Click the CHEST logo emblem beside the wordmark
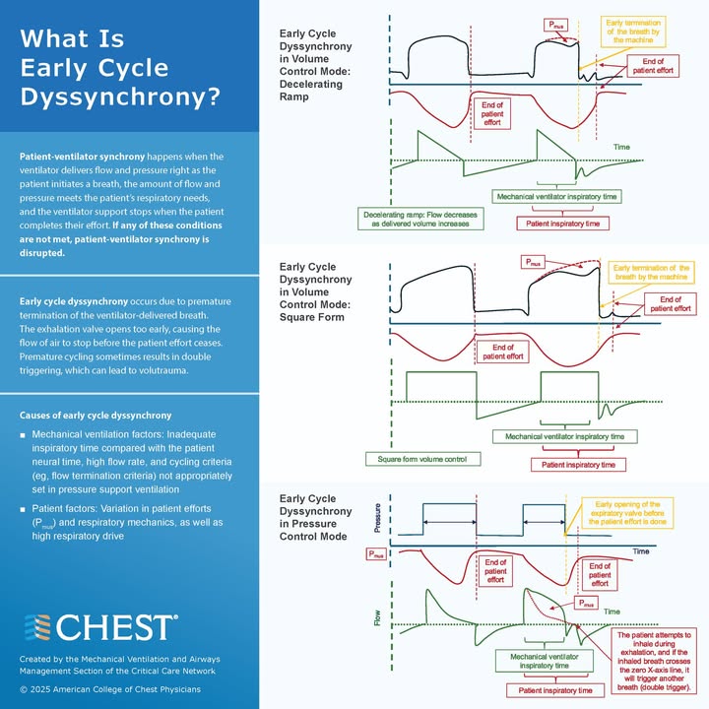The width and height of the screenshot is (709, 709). (37, 627)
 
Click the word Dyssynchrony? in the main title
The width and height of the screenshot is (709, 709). (120, 97)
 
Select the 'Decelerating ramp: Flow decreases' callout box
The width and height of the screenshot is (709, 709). (420, 219)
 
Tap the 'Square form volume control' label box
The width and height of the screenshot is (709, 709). (422, 459)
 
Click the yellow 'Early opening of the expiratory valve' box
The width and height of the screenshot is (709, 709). (627, 513)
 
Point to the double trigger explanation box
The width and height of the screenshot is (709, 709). (654, 661)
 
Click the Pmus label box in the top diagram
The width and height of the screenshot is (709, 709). (555, 25)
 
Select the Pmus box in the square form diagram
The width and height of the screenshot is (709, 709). (533, 262)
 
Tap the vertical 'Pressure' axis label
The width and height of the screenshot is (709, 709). (377, 518)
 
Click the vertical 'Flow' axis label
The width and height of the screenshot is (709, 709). (377, 617)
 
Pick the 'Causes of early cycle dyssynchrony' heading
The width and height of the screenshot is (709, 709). (96, 416)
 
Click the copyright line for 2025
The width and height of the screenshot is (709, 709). (110, 689)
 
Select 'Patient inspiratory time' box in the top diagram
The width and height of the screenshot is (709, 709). (563, 224)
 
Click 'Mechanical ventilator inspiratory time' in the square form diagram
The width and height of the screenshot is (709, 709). (565, 437)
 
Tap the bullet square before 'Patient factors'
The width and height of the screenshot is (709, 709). (23, 510)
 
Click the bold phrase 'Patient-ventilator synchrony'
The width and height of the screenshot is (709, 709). (82, 157)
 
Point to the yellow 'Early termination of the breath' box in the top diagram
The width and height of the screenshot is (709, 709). (633, 32)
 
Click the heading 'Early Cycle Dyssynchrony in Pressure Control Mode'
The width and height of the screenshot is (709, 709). (315, 517)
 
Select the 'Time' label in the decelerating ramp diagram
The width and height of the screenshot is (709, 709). (621, 147)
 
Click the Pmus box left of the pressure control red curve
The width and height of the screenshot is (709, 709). (376, 553)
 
